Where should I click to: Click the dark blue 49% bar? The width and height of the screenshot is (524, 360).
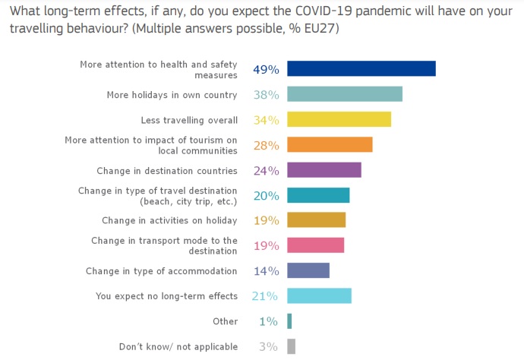[361, 68]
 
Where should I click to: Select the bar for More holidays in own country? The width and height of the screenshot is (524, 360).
[345, 94]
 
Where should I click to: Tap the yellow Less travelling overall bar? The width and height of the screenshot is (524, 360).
[339, 119]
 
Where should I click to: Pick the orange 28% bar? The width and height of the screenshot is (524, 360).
[330, 144]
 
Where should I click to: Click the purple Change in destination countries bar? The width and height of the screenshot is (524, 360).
[324, 170]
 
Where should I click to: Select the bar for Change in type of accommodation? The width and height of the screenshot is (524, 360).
[308, 270]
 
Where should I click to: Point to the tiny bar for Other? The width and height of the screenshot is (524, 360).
[289, 321]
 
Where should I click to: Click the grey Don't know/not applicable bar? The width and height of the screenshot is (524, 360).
[291, 346]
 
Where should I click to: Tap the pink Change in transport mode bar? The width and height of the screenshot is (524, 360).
[315, 245]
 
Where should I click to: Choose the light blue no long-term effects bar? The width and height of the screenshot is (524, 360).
[319, 295]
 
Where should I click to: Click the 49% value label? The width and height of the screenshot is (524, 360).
[266, 70]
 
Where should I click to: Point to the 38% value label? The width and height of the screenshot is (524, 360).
[266, 95]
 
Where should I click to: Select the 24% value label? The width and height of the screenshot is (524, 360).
[266, 171]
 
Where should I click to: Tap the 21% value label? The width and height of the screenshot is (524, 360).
[265, 296]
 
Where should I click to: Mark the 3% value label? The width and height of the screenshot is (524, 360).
[268, 346]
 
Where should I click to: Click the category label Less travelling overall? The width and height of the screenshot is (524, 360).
[189, 120]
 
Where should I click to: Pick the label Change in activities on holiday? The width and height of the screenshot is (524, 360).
[169, 220]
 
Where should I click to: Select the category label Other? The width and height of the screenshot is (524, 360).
[226, 321]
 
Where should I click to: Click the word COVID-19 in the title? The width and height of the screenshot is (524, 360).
[324, 11]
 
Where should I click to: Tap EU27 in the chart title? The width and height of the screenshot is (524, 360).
[319, 28]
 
